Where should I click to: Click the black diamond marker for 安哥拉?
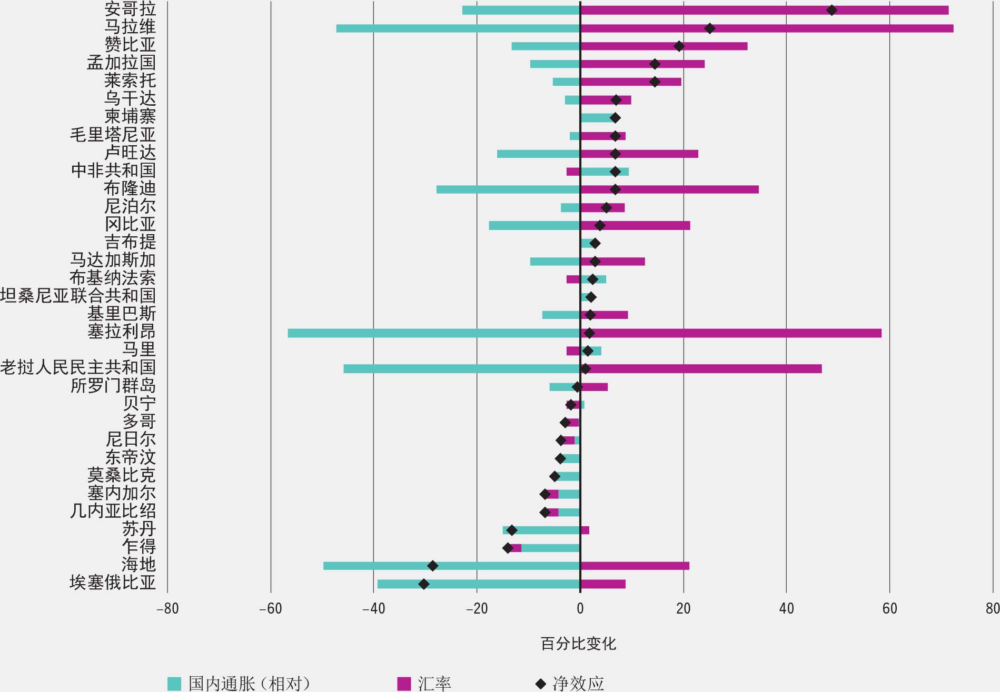coord(831,10)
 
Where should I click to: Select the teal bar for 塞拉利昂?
coord(433,333)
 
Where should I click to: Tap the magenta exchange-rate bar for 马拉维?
coord(766,28)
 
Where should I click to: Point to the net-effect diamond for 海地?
coord(432,566)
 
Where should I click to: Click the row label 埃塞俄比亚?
coord(113,583)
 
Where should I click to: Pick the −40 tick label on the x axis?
coord(373,609)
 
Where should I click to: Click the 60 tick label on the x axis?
coord(889,609)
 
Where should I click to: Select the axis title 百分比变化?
coord(578,644)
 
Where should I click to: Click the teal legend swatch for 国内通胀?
coord(174,683)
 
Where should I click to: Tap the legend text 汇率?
coord(434,683)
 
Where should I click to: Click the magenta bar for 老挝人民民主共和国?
coord(700,369)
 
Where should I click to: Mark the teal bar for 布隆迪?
coord(508,189)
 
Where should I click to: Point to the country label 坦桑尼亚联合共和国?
coord(78,296)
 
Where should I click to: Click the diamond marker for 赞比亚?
coord(679,46)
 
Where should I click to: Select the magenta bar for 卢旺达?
coord(639,154)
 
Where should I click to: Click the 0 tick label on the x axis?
coord(580,609)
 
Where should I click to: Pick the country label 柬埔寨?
coord(130,116)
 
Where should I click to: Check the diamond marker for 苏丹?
coord(511,530)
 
